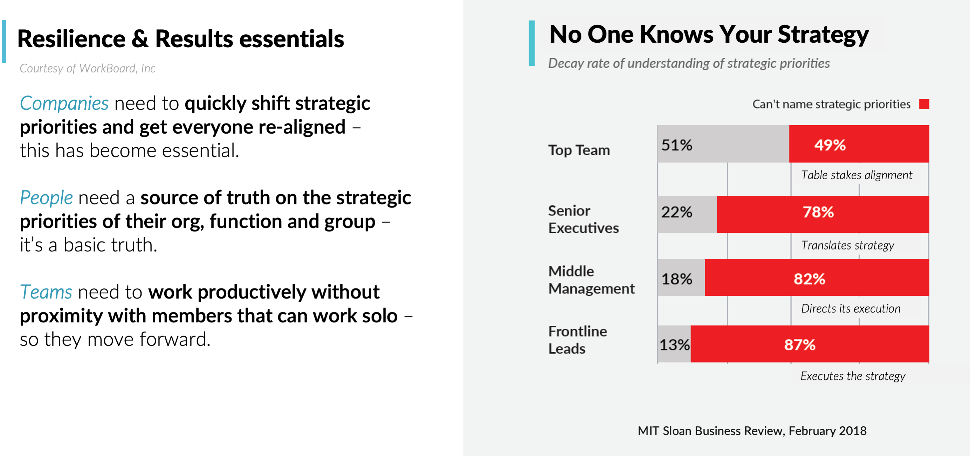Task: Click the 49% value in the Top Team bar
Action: (x=830, y=145)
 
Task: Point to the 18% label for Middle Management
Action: (x=677, y=279)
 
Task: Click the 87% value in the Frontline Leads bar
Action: (x=799, y=345)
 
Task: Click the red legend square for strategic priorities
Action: (x=924, y=104)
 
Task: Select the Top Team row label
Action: (x=578, y=150)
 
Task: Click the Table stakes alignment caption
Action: (x=856, y=175)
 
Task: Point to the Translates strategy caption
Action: (x=847, y=245)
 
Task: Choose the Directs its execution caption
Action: (x=850, y=309)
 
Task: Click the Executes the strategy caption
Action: (x=852, y=376)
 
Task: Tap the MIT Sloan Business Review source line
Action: (x=752, y=430)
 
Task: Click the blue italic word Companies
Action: (x=64, y=104)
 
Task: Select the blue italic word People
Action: (x=46, y=198)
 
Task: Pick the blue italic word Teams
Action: (x=46, y=292)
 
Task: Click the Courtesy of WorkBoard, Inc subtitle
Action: (x=87, y=69)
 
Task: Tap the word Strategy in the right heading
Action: (x=823, y=35)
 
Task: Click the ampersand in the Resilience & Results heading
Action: (x=140, y=39)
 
